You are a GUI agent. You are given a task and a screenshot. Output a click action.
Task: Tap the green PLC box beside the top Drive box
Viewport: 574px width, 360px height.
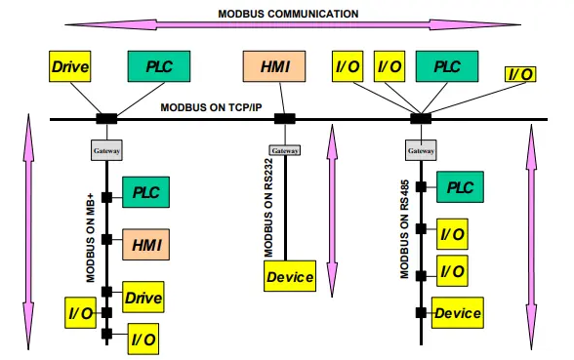click(153, 67)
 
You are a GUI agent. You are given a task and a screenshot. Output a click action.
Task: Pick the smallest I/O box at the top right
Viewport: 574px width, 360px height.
click(519, 74)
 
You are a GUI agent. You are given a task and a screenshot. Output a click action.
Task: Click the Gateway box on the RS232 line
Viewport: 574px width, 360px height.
click(285, 151)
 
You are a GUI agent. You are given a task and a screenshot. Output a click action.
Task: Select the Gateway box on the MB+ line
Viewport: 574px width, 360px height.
click(105, 151)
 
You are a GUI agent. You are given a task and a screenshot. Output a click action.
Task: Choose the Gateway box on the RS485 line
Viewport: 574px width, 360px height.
click(421, 151)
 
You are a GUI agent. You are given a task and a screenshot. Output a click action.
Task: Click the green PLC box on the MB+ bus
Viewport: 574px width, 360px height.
click(145, 191)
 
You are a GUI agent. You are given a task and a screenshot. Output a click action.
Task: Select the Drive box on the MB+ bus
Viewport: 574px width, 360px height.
click(143, 296)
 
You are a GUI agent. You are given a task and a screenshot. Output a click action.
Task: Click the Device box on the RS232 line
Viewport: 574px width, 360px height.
click(290, 277)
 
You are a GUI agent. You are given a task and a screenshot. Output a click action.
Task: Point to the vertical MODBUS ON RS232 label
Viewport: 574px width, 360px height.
click(267, 209)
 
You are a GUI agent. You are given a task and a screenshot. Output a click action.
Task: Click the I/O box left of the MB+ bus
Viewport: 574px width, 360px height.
click(81, 314)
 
